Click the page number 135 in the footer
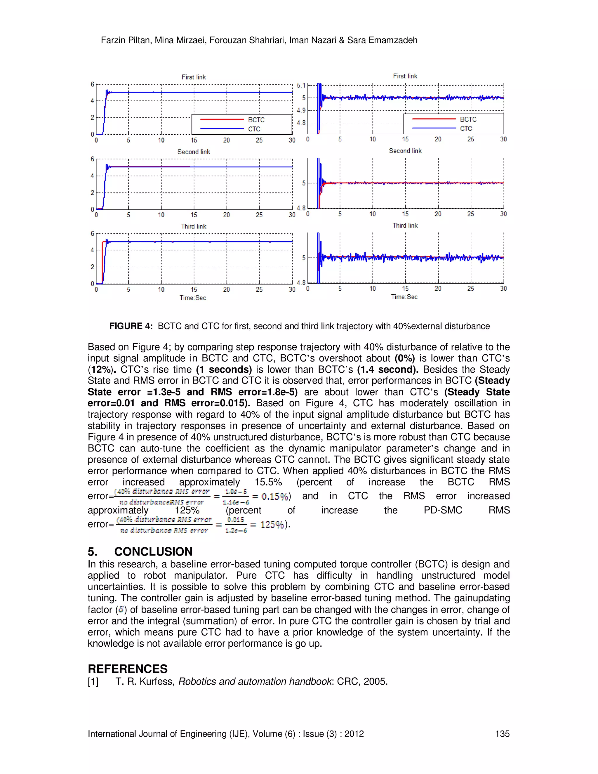tap(502, 734)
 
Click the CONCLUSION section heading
tap(153, 551)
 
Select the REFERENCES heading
tap(128, 669)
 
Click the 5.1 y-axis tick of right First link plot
tap(301, 85)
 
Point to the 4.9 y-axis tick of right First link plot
tap(301, 110)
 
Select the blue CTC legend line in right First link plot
tap(434, 128)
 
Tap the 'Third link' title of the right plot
tap(405, 225)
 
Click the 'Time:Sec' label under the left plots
tap(193, 298)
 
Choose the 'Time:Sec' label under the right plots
tap(404, 297)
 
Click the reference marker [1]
tap(93, 681)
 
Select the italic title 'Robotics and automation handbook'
tap(255, 681)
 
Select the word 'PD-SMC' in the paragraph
tap(443, 510)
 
